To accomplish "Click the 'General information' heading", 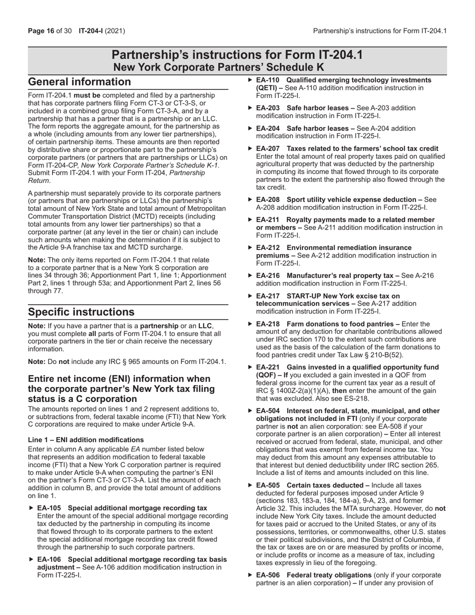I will point(79,82).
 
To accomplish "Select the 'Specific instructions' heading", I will point(81,312).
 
